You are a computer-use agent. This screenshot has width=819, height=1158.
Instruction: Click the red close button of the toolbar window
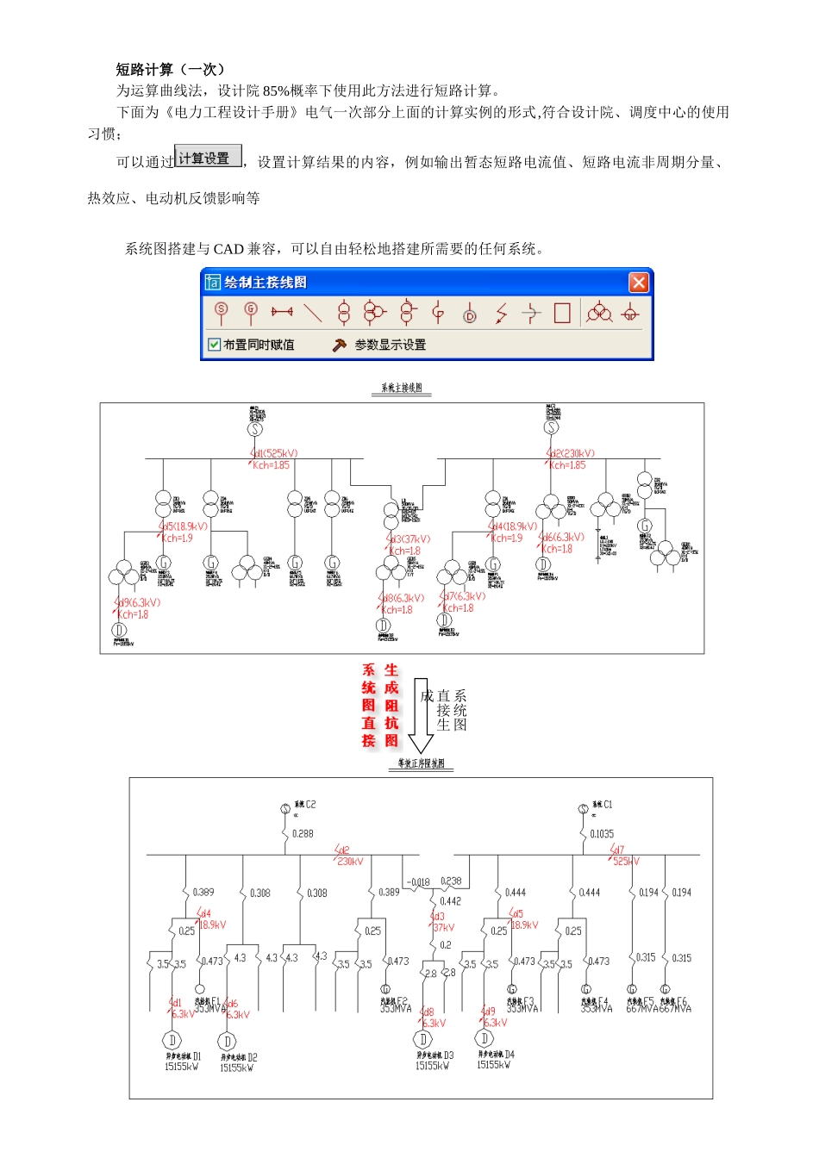click(x=638, y=283)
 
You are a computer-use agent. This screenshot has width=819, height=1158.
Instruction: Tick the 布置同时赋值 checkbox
click(x=215, y=345)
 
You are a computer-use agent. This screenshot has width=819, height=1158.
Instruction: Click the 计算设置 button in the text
click(x=208, y=158)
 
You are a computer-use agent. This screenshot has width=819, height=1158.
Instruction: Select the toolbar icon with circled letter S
click(x=222, y=312)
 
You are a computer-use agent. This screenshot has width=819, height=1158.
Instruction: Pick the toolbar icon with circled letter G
click(x=251, y=312)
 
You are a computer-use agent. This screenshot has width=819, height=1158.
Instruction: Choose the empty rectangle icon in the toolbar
click(x=562, y=312)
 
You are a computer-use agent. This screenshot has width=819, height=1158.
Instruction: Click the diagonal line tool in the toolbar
click(x=313, y=312)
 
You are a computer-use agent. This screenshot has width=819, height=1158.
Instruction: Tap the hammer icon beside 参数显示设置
click(x=340, y=345)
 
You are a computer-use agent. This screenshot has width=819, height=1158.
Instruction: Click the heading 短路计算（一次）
click(x=171, y=70)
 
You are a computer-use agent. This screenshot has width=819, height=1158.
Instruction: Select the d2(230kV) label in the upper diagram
click(x=572, y=453)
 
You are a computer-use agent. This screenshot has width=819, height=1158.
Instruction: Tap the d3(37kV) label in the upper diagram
click(x=409, y=539)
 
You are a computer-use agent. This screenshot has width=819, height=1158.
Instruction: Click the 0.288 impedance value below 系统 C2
click(x=303, y=834)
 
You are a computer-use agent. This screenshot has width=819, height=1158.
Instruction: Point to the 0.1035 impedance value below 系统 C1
click(x=602, y=834)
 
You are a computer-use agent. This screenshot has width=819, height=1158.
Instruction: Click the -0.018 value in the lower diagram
click(x=418, y=882)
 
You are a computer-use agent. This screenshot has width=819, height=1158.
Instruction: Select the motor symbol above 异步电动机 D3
click(x=423, y=1040)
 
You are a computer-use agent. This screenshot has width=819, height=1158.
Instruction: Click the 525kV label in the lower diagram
click(x=627, y=861)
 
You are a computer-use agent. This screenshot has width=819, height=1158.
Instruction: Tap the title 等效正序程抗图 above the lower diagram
click(x=421, y=763)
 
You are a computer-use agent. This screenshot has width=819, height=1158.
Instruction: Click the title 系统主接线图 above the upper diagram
click(x=402, y=389)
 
